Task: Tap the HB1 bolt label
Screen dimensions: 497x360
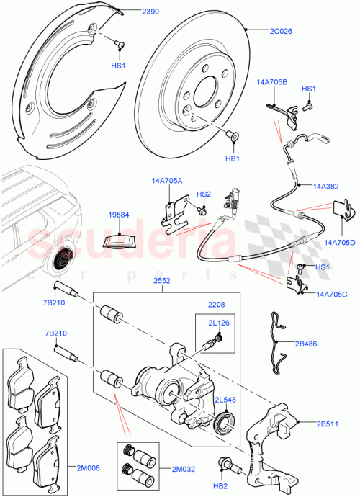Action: [x=233, y=158]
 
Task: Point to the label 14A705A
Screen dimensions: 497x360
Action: [x=167, y=181]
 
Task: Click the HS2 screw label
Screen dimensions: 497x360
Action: [x=204, y=194]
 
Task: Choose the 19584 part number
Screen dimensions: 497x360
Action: [x=120, y=215]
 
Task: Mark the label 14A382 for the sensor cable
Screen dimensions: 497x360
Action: [x=325, y=186]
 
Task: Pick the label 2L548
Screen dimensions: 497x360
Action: [x=224, y=400]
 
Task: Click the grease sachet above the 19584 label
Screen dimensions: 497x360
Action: [x=119, y=238]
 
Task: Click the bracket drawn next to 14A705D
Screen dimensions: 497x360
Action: [x=344, y=210]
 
